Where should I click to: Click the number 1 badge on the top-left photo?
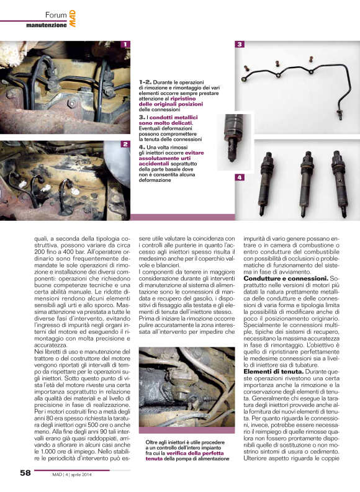(125, 45)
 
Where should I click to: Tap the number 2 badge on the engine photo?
(125, 144)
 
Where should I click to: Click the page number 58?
(25, 473)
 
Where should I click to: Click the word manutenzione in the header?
(46, 25)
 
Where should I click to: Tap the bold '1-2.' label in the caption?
(146, 81)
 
